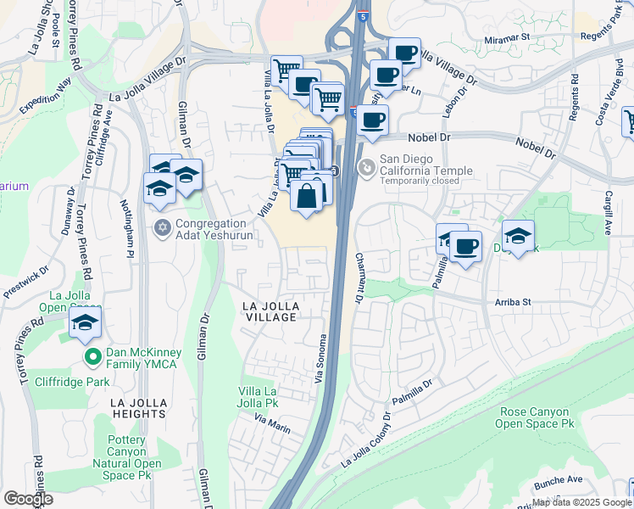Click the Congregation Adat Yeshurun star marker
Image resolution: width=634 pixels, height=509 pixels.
point(163,227)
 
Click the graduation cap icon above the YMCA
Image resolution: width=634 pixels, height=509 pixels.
point(85,324)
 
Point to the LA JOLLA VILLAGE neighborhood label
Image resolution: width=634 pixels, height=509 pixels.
point(270,310)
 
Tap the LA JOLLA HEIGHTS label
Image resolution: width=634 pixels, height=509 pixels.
point(137,407)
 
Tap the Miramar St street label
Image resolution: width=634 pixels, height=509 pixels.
point(507,38)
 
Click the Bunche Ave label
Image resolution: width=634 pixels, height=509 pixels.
point(558,480)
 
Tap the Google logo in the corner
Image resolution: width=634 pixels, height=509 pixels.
point(28,499)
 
